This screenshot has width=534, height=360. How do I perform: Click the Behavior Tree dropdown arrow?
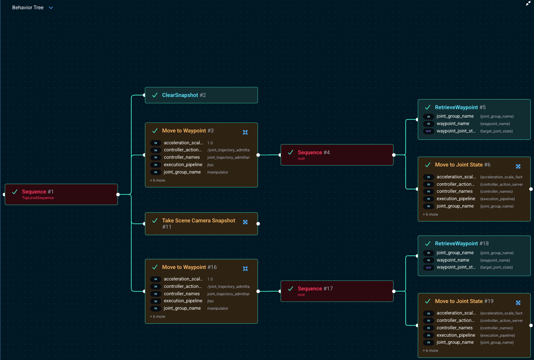pyautogui.click(x=51, y=8)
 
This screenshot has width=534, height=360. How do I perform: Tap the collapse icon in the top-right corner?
pyautogui.click(x=528, y=3)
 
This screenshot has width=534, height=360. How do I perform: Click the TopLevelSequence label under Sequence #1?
pyautogui.click(x=38, y=198)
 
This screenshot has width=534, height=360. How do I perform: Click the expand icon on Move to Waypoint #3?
pyautogui.click(x=245, y=132)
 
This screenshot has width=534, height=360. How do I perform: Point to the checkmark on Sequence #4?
pyautogui.click(x=291, y=152)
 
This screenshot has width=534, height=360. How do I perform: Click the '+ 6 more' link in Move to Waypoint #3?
pyautogui.click(x=158, y=181)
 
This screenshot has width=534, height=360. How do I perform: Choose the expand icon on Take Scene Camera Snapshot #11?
pyautogui.click(x=245, y=222)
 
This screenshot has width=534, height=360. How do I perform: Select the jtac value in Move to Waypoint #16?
pyautogui.click(x=210, y=301)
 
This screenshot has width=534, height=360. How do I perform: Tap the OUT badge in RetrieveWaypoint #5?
pyautogui.click(x=428, y=131)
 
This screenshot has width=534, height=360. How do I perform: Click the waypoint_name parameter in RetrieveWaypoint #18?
pyautogui.click(x=453, y=260)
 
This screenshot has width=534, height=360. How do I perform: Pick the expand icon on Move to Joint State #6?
pyautogui.click(x=518, y=166)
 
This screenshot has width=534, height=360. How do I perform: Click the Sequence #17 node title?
pyautogui.click(x=315, y=289)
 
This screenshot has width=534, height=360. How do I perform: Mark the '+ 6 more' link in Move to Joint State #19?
pyautogui.click(x=430, y=351)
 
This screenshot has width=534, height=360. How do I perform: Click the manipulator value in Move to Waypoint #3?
pyautogui.click(x=217, y=172)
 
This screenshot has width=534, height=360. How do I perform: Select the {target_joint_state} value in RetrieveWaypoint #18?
pyautogui.click(x=496, y=268)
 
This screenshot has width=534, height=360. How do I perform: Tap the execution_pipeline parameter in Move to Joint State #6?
pyautogui.click(x=456, y=199)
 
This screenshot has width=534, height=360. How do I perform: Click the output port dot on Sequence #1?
pyautogui.click(x=118, y=194)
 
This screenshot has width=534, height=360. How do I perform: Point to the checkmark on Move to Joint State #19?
pyautogui.click(x=428, y=301)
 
